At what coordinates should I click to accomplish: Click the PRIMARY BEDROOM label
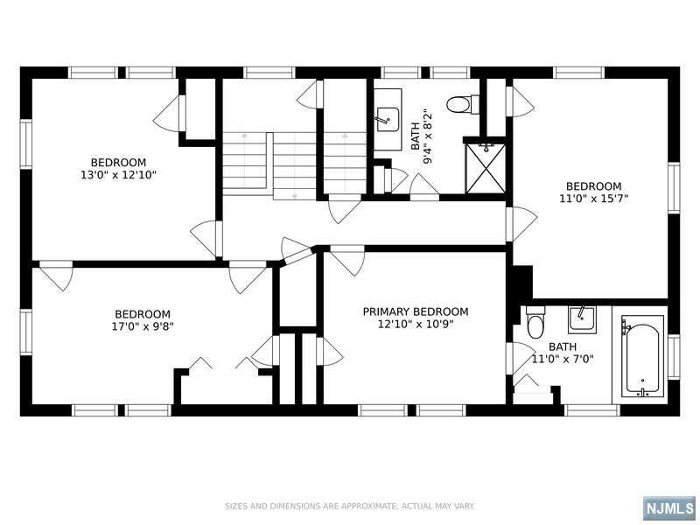pos(416,311)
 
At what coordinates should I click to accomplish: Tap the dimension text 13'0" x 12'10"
pos(118,175)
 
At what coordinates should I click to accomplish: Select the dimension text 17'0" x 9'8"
pos(143,326)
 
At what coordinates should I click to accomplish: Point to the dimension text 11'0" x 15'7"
pos(594,199)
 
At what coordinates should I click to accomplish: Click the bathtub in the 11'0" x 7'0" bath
pos(642,356)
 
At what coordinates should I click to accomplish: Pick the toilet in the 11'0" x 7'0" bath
pos(535,323)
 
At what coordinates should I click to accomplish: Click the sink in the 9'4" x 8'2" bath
pos(388,119)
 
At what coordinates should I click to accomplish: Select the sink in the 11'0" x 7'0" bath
pos(581,319)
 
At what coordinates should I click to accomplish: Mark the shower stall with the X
pos(486,168)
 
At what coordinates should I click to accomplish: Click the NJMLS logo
pos(671,508)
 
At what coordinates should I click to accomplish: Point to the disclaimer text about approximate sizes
pos(349,507)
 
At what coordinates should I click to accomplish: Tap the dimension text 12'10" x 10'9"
pos(416,325)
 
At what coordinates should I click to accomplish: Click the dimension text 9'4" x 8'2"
pos(428,136)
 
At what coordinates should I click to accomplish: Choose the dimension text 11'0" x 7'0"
pos(563,359)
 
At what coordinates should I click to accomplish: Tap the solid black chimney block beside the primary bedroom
pos(521,282)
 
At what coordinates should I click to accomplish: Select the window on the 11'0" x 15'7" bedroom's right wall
pos(674,187)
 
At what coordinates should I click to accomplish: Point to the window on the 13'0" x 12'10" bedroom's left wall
pos(26,144)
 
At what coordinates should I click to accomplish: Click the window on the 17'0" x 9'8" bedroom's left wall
pos(26,332)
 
